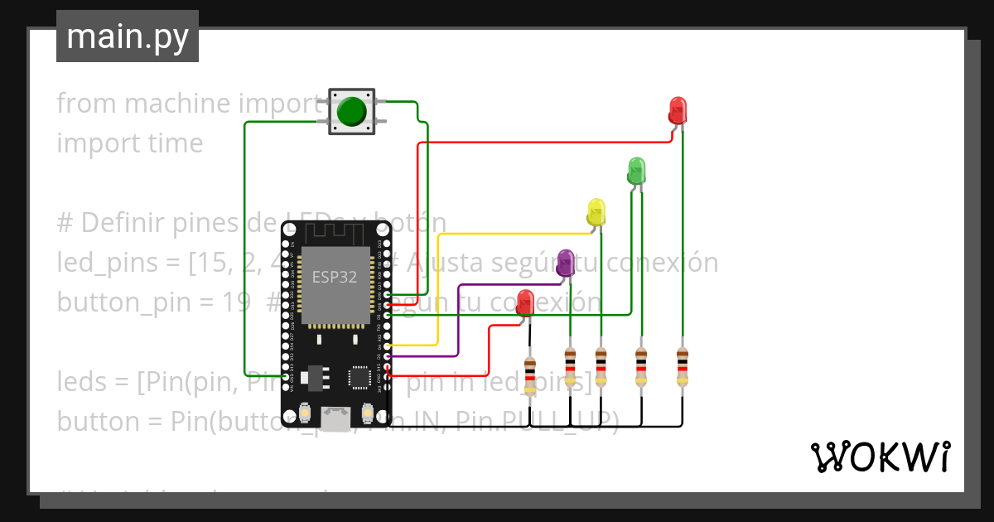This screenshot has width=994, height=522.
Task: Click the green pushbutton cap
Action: (x=352, y=111)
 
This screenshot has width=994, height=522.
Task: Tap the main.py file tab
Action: (x=127, y=36)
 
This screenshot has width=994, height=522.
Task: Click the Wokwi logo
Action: (x=879, y=457)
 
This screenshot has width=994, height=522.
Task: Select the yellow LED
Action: (x=596, y=212)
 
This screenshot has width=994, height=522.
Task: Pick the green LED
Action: (x=635, y=170)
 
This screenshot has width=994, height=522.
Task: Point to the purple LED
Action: (x=565, y=263)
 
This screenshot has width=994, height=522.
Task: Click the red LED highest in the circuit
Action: (x=677, y=110)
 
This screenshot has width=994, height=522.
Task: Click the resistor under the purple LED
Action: (x=570, y=367)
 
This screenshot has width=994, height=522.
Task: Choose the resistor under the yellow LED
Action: (x=601, y=367)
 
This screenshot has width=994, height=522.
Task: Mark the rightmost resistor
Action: (x=682, y=367)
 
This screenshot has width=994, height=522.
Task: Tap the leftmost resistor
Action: (x=530, y=373)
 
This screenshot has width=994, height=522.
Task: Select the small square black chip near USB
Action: (x=360, y=378)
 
